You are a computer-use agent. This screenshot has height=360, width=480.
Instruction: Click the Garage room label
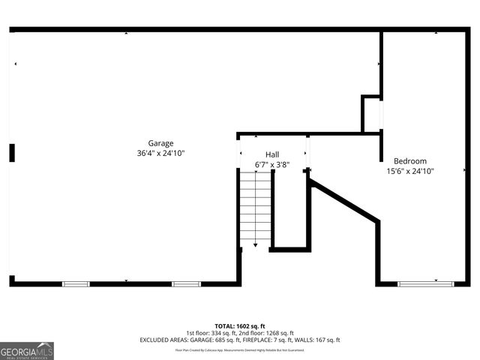160,143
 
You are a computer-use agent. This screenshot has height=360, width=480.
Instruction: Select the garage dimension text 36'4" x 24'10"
160,153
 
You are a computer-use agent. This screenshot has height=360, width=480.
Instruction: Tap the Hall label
272,154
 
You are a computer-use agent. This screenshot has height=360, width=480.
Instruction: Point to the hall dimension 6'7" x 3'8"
272,164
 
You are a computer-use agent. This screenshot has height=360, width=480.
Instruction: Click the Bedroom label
410,160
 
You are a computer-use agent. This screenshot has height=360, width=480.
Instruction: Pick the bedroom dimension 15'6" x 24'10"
410,171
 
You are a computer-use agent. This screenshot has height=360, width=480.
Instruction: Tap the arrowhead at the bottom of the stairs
255,244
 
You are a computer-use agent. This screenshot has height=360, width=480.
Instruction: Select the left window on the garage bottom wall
76,283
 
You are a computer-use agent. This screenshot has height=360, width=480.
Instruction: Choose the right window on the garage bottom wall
186,283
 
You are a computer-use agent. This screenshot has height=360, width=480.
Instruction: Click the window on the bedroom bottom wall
425,283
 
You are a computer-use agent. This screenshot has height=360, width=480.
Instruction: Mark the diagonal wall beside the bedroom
344,199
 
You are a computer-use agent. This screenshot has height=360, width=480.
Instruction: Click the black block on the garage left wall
12,153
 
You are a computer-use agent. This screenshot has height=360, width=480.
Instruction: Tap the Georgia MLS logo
27,351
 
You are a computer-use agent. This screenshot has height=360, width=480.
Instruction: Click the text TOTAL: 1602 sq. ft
240,325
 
